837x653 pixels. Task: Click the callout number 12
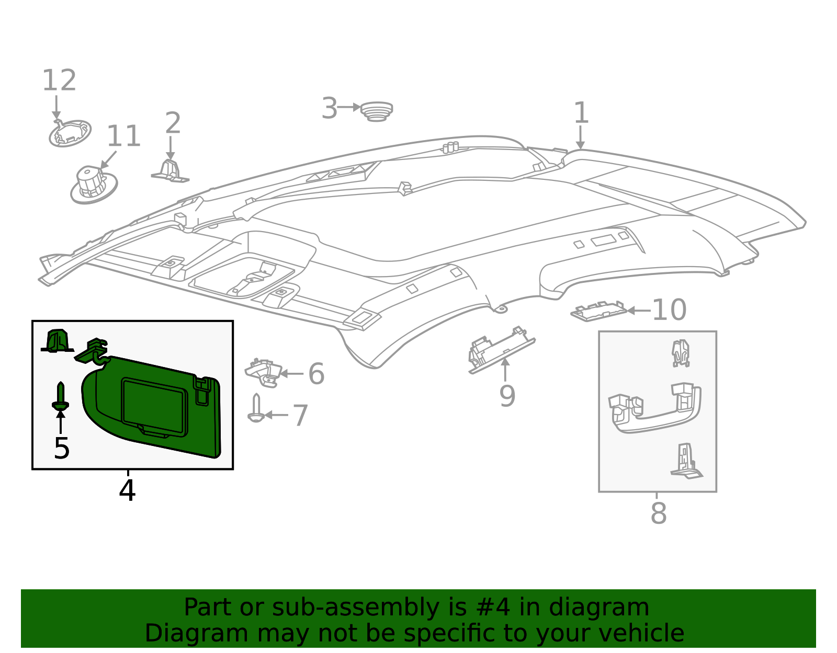coord(59,81)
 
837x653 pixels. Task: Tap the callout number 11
coord(123,136)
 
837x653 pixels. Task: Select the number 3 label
coord(329,109)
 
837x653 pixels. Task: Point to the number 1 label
coord(581,113)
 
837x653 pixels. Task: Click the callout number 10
coord(669,310)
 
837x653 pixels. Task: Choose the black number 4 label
coord(127,490)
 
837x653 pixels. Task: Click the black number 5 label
coord(62,448)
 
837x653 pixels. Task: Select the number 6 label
coord(316,374)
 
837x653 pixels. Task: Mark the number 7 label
coord(300,416)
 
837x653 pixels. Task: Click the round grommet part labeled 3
coord(377,111)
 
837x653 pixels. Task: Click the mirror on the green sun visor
coord(154,406)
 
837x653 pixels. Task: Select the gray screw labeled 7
coord(256,408)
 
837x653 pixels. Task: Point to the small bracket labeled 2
coord(170,171)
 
